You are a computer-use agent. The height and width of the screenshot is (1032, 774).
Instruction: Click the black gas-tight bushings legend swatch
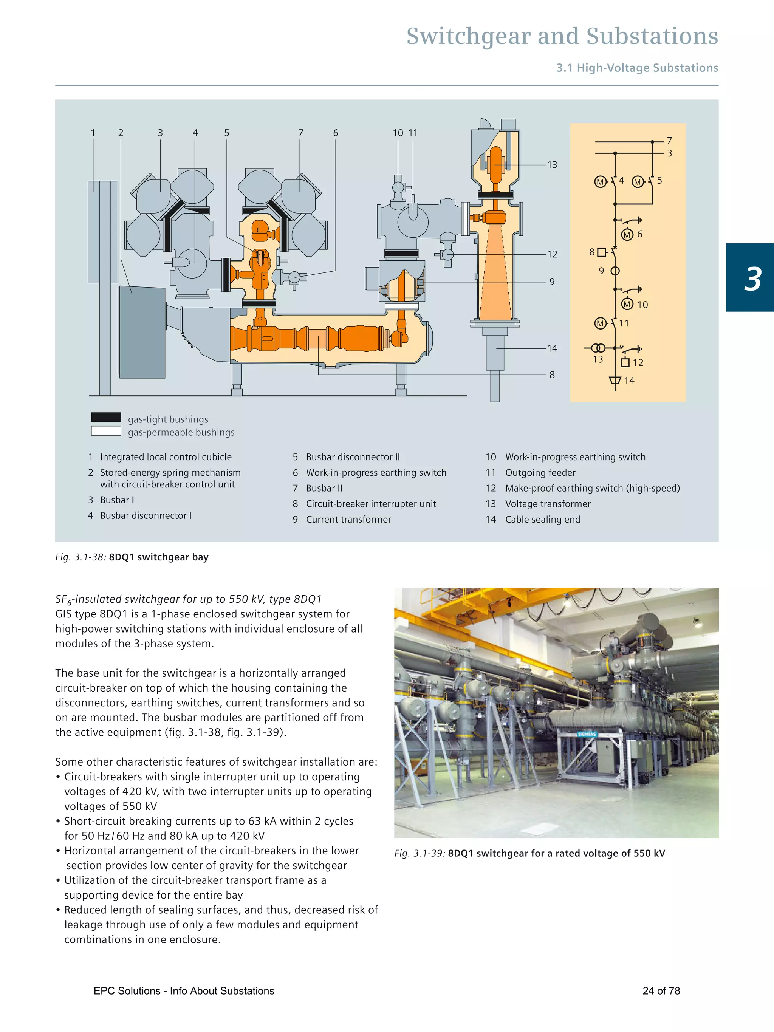[x=106, y=417]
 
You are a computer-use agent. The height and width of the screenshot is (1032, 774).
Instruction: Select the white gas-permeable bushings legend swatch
[x=106, y=431]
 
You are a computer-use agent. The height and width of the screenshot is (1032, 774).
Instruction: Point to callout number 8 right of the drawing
[x=552, y=374]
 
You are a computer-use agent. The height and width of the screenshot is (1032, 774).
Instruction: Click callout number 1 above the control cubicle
[x=93, y=133]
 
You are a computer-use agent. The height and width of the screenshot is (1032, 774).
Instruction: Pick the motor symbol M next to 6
[x=627, y=235]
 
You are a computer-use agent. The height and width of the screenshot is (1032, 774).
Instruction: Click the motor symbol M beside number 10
[x=627, y=305]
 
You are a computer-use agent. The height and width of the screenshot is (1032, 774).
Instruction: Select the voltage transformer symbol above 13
[x=599, y=348]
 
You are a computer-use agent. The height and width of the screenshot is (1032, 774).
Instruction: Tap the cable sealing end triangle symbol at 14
[x=615, y=380]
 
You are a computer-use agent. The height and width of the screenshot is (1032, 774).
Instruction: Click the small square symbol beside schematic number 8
[x=602, y=252]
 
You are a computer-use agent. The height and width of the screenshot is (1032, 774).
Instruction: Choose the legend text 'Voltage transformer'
[x=548, y=504]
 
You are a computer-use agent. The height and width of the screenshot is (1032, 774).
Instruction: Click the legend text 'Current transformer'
[x=348, y=519]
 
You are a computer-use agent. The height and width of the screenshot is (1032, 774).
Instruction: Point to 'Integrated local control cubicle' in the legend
[x=166, y=457]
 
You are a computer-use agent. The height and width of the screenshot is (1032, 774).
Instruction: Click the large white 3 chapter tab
[x=752, y=279]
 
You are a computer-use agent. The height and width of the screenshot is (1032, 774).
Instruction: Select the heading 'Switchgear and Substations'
[x=562, y=36]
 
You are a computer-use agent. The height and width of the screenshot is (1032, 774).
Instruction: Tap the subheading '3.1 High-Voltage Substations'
[x=637, y=68]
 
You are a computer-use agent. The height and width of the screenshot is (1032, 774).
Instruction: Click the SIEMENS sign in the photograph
[x=587, y=734]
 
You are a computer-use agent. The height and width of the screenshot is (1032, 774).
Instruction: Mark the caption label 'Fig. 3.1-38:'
[x=81, y=557]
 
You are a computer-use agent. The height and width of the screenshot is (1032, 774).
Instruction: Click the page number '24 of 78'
[x=661, y=991]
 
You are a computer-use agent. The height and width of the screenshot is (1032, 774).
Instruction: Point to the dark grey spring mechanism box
[x=142, y=332]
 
